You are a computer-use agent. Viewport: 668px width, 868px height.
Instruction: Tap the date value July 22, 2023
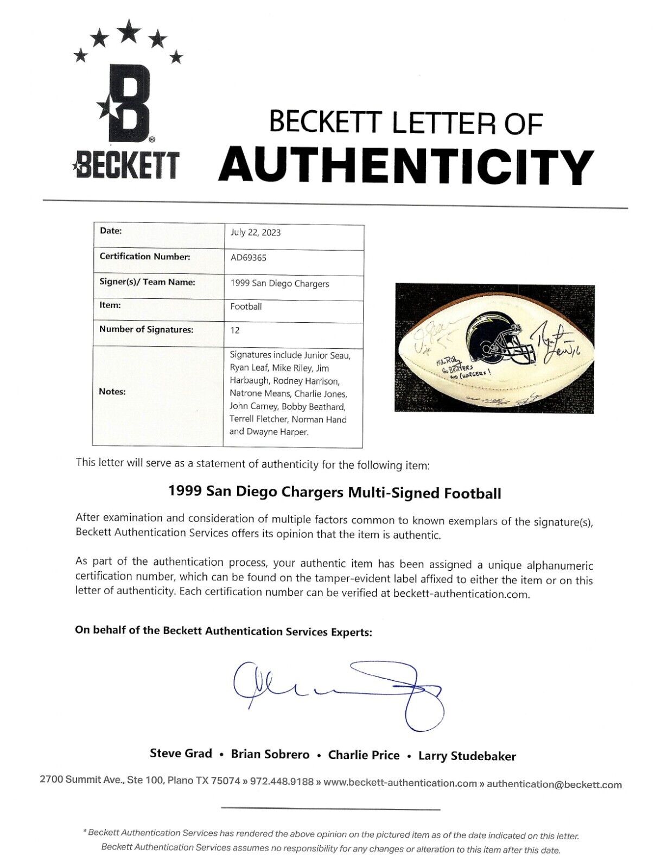(256, 233)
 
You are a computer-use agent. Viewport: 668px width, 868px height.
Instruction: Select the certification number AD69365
(249, 258)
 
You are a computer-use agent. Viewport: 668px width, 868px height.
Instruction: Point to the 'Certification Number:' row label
(145, 257)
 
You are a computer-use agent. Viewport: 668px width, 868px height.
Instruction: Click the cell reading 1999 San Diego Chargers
(279, 284)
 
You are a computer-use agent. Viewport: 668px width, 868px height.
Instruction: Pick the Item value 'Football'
(246, 307)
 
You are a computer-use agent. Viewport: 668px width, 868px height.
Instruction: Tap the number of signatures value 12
(235, 330)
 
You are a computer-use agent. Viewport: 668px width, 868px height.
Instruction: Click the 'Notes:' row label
(112, 392)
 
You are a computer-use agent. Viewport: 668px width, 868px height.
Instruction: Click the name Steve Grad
(181, 754)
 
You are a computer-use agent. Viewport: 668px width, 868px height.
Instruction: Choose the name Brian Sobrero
(270, 755)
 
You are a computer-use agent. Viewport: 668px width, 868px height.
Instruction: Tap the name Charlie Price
(364, 755)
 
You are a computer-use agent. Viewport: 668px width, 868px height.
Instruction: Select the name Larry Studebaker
(467, 756)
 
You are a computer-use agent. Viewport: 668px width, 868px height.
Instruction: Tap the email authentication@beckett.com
(554, 784)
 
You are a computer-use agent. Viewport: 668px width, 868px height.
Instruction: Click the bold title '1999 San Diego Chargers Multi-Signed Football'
(334, 493)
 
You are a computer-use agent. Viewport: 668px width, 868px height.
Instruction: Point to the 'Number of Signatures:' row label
(146, 330)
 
